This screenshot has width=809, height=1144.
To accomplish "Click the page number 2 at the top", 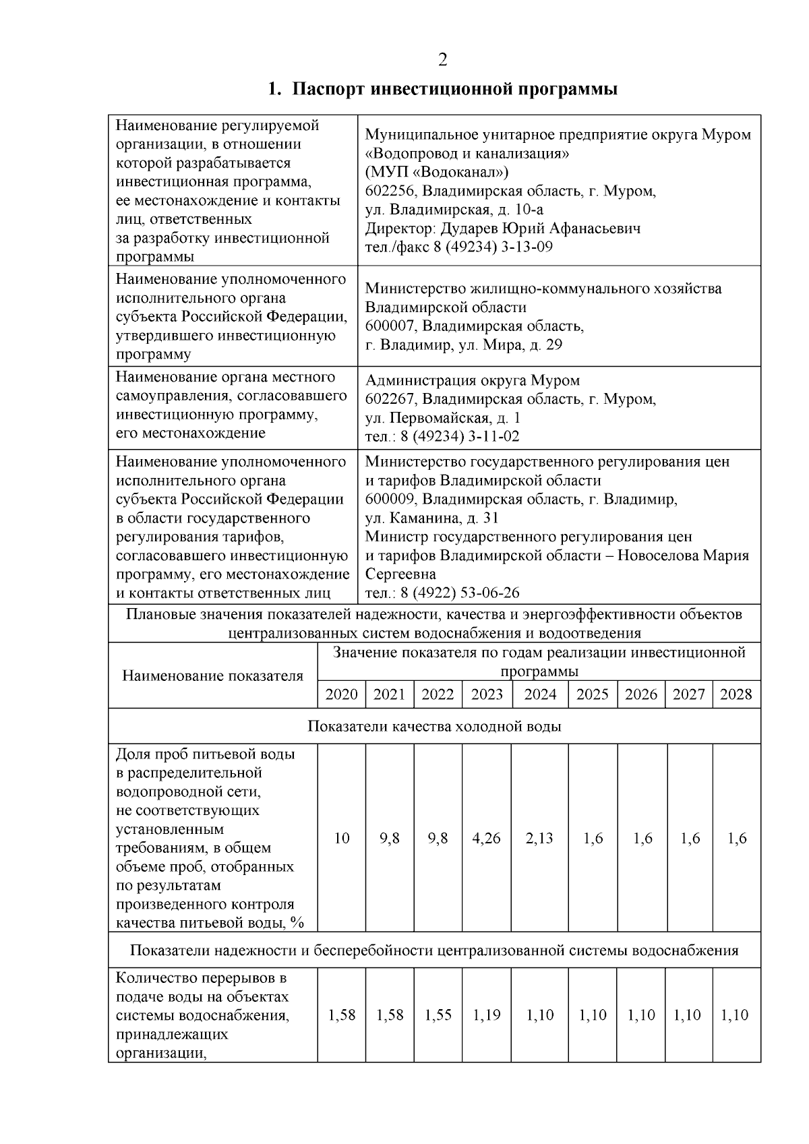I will pyautogui.click(x=442, y=61).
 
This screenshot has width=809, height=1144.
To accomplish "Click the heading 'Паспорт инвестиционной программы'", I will pyautogui.click(x=454, y=89).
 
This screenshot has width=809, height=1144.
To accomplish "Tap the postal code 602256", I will pyautogui.click(x=390, y=191).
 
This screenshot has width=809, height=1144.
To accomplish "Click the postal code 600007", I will pyautogui.click(x=390, y=326).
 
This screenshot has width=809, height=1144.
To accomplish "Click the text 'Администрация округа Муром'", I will pyautogui.click(x=472, y=381).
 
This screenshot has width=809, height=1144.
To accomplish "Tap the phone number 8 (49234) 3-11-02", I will pyautogui.click(x=460, y=437).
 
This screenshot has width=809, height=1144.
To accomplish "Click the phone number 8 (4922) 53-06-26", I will pyautogui.click(x=460, y=593).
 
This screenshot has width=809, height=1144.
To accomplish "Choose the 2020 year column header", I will pyautogui.click(x=341, y=695).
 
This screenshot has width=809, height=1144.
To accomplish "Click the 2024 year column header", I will pyautogui.click(x=540, y=695).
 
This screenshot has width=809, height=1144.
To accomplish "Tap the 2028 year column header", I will pyautogui.click(x=736, y=695).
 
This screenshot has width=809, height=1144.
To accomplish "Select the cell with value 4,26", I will pyautogui.click(x=486, y=839).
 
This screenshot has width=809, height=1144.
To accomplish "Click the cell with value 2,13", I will pyautogui.click(x=539, y=839).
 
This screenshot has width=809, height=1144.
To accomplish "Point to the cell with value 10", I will pyautogui.click(x=342, y=839).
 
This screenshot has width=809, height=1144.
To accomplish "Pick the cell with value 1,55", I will pyautogui.click(x=438, y=1015).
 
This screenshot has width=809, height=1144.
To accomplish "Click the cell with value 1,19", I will pyautogui.click(x=486, y=1015).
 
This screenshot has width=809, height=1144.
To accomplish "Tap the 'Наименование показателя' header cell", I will pyautogui.click(x=212, y=676).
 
